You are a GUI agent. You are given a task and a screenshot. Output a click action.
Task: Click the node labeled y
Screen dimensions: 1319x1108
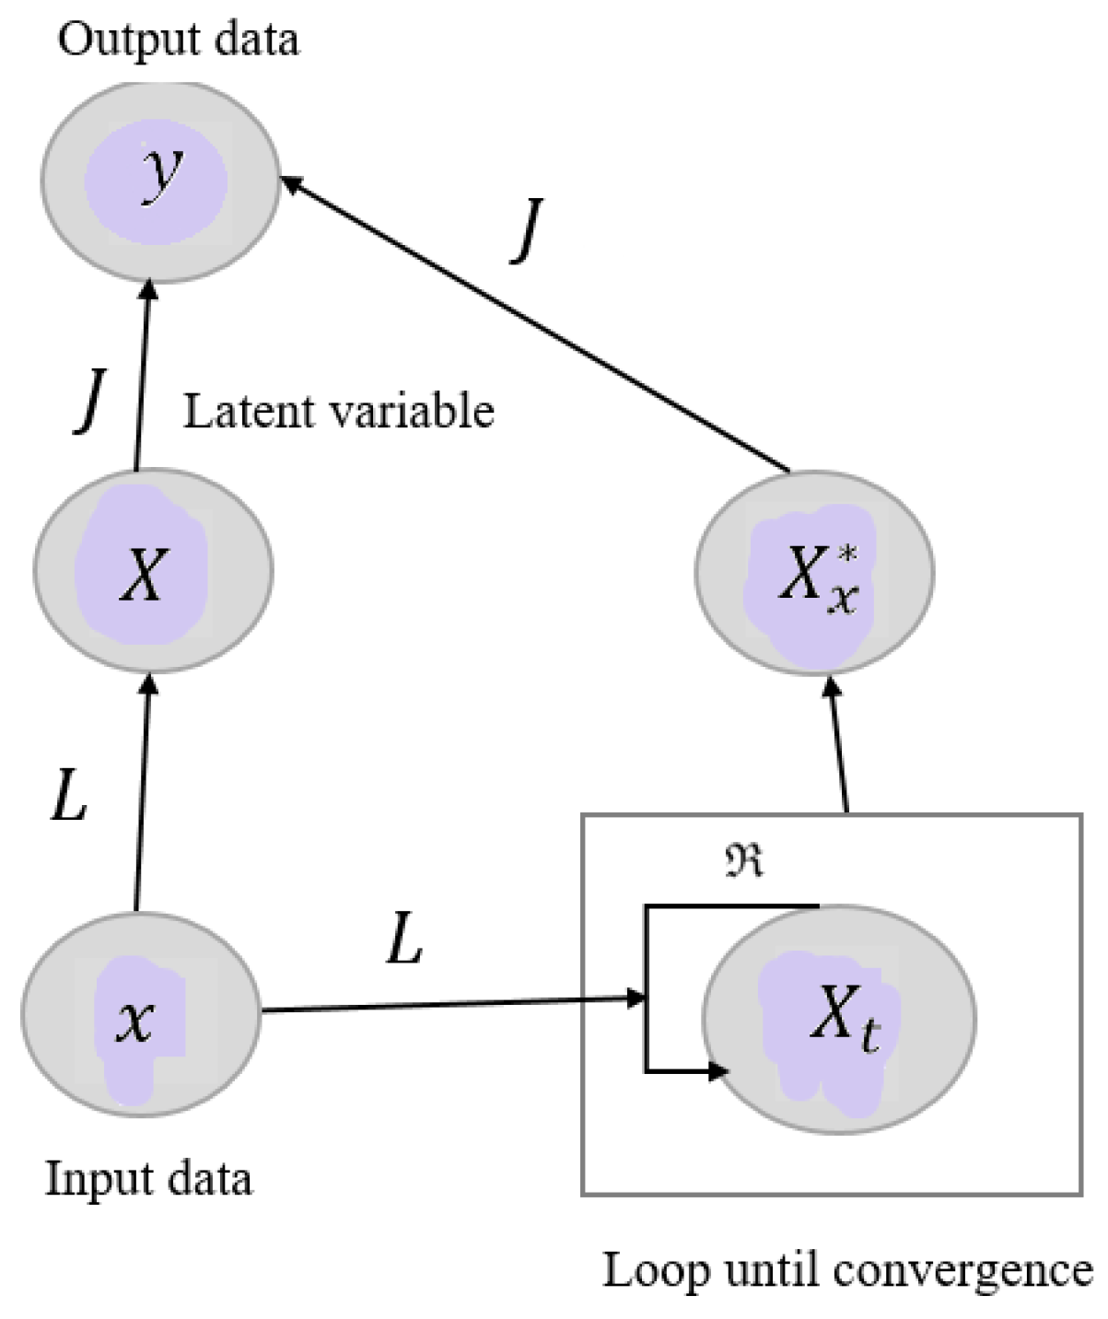(159, 181)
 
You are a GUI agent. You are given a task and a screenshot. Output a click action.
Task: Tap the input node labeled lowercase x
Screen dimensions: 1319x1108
(141, 1013)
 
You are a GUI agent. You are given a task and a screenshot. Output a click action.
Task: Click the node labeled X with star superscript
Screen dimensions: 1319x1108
(814, 571)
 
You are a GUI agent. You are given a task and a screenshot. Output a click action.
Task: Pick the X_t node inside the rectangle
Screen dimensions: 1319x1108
(838, 1019)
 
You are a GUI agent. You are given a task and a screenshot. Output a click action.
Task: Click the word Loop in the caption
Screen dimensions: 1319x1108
(656, 1271)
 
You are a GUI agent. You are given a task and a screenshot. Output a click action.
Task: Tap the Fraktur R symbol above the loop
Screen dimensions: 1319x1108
(744, 860)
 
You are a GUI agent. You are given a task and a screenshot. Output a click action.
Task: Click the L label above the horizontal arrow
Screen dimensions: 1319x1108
(403, 940)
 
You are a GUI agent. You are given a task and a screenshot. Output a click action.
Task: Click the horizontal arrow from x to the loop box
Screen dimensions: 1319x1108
(442, 1005)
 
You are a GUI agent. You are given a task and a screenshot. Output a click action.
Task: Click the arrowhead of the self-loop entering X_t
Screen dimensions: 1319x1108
(717, 1071)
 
